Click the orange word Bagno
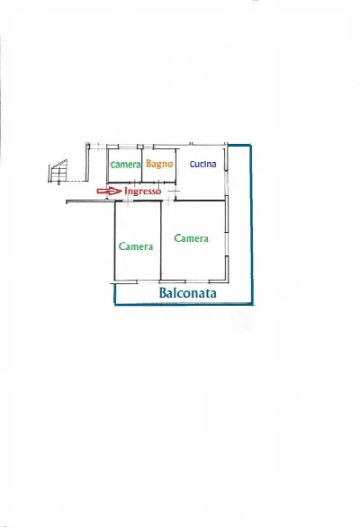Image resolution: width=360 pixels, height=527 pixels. coord(159,164)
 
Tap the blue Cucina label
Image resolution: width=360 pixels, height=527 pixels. coord(202,164)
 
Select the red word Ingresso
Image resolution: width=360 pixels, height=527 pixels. coord(143,191)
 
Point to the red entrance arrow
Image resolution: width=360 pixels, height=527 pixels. coord(109,191)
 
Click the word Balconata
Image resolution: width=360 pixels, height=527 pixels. coord(187,293)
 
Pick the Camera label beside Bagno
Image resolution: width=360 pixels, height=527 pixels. coord(125,165)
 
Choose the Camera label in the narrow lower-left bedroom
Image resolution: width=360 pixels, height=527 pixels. coord(136,246)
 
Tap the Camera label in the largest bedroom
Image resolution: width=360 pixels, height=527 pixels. coord(191,238)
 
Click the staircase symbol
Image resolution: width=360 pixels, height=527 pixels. coord(58,172)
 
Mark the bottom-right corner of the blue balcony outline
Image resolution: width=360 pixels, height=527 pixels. coord(252,304)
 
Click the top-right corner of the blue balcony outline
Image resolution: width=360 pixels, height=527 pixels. coord(251,145)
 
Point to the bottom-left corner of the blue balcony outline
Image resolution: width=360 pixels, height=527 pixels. coord(115,304)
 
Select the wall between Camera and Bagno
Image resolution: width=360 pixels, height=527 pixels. coord(141,165)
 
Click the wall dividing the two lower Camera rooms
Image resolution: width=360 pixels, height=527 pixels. coord(161,241)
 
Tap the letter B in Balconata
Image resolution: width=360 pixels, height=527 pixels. coord(163,293)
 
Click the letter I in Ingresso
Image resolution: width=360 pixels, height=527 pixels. coord(126,191)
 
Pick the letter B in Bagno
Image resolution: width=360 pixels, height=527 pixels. coord(149,164)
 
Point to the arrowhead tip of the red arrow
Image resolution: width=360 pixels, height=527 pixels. coord(121,191)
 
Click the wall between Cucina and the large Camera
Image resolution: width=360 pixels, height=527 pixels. coord(200,201)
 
